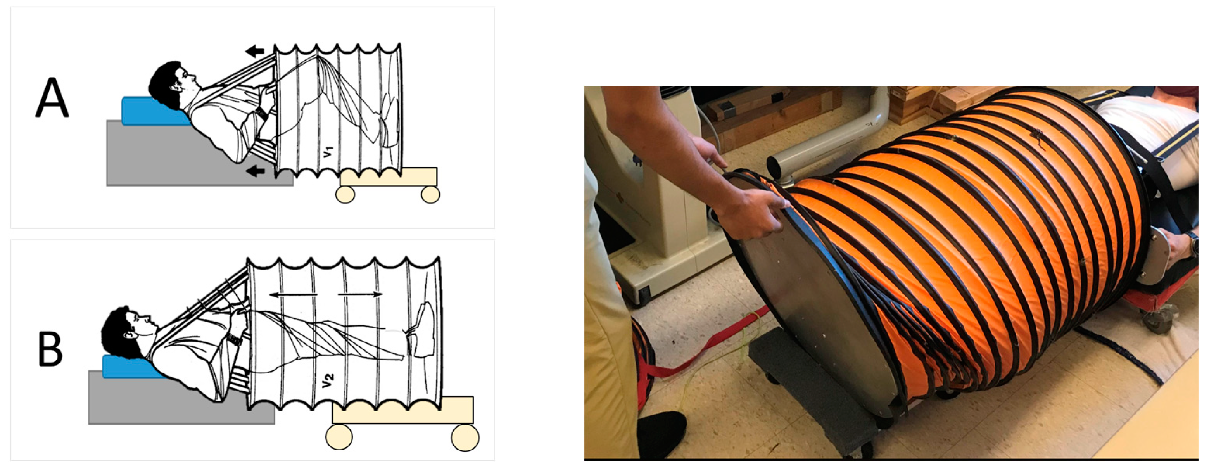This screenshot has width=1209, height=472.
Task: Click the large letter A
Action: point(52,97)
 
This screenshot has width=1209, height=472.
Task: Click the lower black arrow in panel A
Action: point(256,171)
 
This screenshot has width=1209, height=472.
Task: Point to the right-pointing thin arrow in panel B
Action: point(360,294)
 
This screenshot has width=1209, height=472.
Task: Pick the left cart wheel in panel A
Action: point(345,194)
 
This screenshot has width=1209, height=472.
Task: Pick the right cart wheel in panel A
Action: point(430,194)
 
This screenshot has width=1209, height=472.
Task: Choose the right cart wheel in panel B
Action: point(465,437)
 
